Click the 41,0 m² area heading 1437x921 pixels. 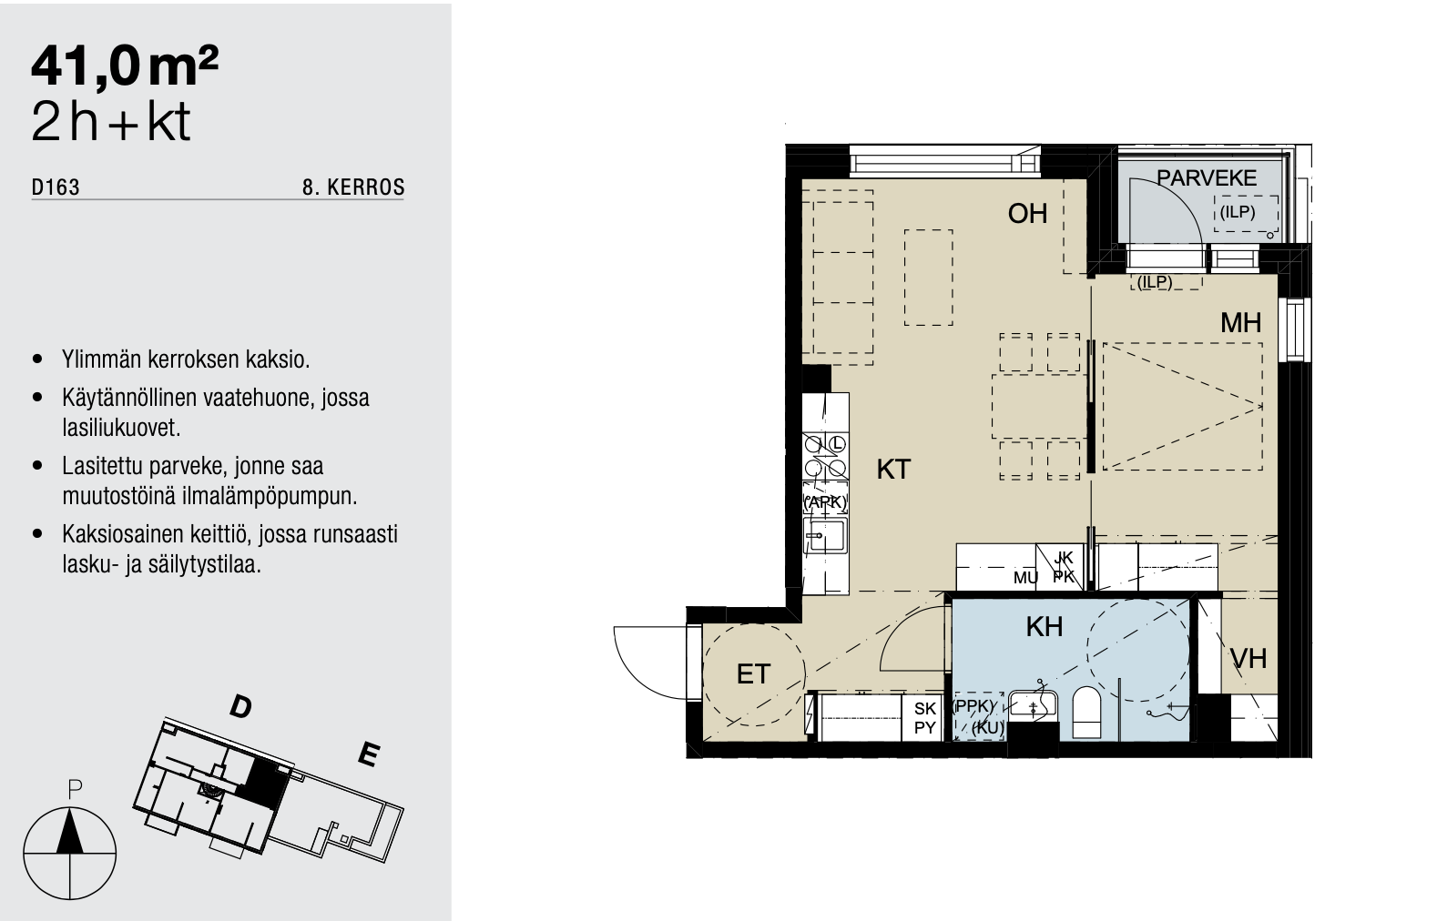pyautogui.click(x=125, y=66)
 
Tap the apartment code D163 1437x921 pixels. pyautogui.click(x=56, y=187)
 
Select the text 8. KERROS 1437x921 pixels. pyautogui.click(x=353, y=187)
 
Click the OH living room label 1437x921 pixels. pyautogui.click(x=1027, y=214)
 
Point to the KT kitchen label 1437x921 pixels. pyautogui.click(x=893, y=470)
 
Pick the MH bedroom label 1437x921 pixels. pyautogui.click(x=1240, y=322)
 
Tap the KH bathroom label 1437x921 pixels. pyautogui.click(x=1044, y=626)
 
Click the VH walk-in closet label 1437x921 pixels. pyautogui.click(x=1248, y=658)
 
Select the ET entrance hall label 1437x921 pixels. pyautogui.click(x=752, y=673)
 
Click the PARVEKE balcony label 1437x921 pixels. pyautogui.click(x=1206, y=177)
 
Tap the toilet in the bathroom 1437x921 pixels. pyautogui.click(x=1086, y=713)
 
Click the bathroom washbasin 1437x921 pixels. pyautogui.click(x=1032, y=705)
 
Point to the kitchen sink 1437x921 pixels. pyautogui.click(x=826, y=535)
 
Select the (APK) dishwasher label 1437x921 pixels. pyautogui.click(x=826, y=502)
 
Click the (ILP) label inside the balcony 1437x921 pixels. pyautogui.click(x=1237, y=212)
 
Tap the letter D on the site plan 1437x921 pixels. pyautogui.click(x=240, y=707)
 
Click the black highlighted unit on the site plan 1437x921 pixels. pyautogui.click(x=262, y=784)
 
